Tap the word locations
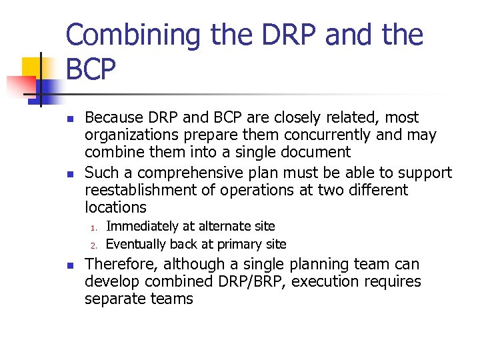click(x=115, y=208)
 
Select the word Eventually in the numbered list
click(x=136, y=244)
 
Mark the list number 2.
click(x=94, y=245)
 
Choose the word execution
click(x=323, y=282)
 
